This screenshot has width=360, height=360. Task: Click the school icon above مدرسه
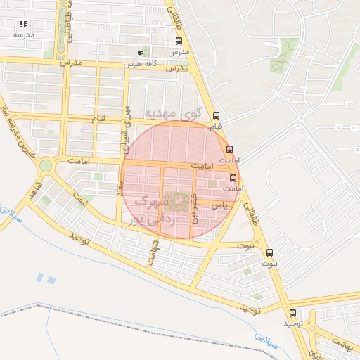tap(23, 24)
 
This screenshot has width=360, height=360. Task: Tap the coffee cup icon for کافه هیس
tap(140, 53)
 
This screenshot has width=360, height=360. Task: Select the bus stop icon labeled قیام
tap(216, 116)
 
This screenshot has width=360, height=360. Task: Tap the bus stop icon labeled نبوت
tap(269, 252)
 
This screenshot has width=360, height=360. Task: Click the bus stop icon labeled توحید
tap(292, 313)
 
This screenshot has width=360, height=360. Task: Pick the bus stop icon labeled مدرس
tap(178, 41)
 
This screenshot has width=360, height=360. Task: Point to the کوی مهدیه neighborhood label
tap(172, 112)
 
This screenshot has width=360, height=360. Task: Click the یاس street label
tap(220, 205)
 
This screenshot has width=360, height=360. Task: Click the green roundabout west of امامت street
tap(46, 166)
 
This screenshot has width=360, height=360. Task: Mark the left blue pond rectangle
tap(39, 277)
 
